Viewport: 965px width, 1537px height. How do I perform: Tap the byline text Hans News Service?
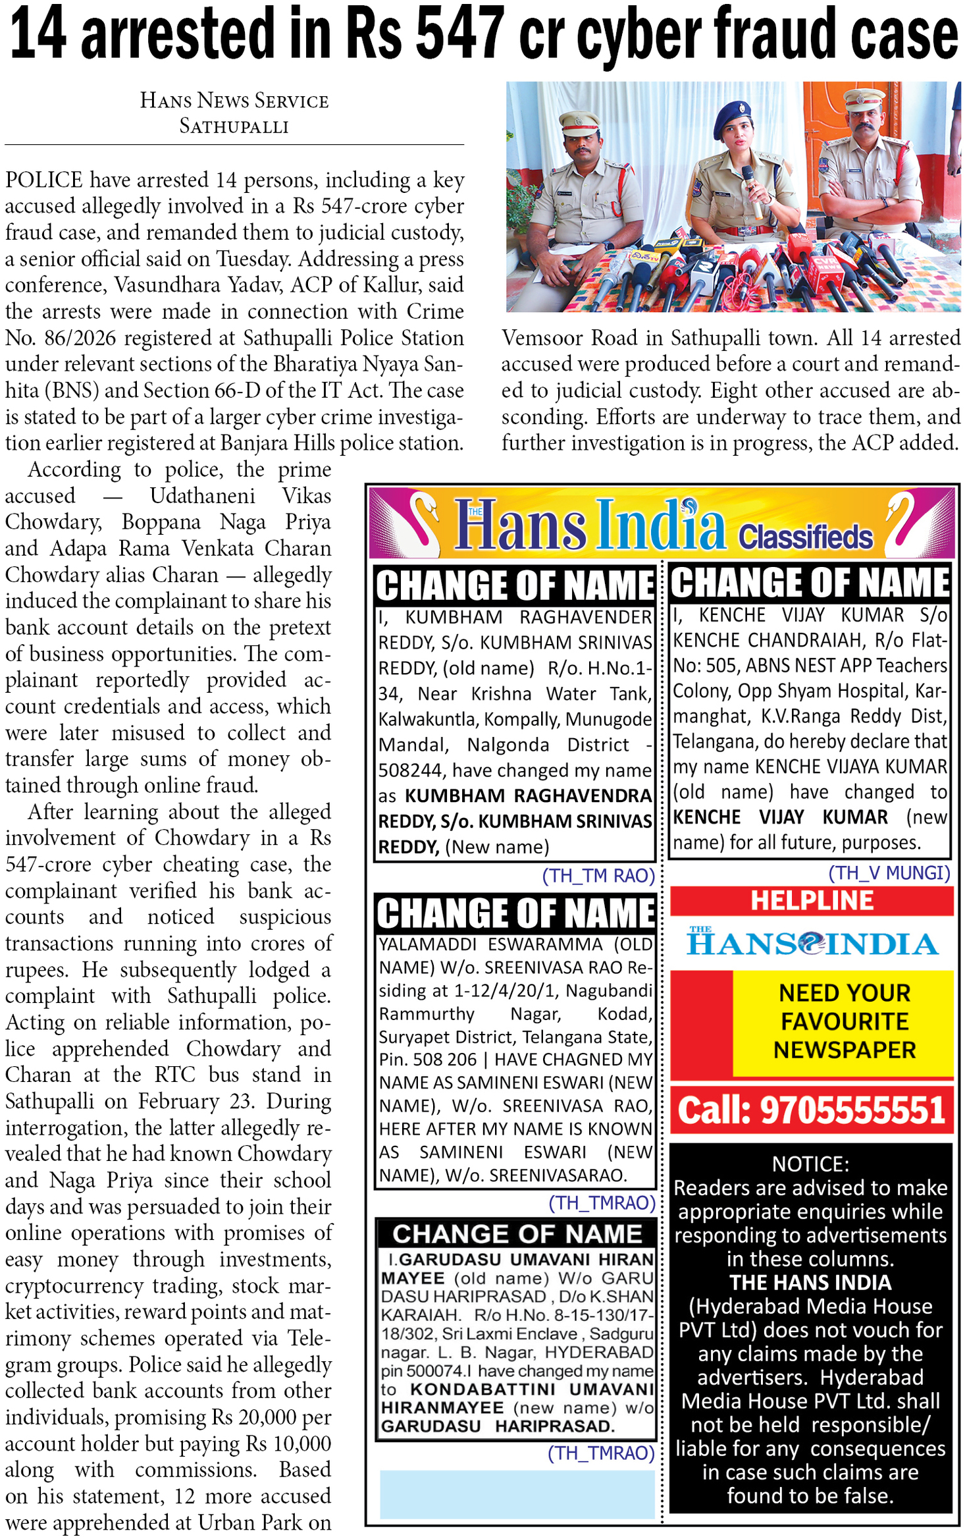[234, 101]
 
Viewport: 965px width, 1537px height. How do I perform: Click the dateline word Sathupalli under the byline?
[234, 126]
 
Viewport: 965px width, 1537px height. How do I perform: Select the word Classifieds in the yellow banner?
[804, 537]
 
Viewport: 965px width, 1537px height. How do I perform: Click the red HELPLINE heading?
[812, 900]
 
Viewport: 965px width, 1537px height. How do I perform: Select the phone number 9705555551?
[852, 1110]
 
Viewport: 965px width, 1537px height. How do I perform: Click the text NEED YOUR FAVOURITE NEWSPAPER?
[844, 1021]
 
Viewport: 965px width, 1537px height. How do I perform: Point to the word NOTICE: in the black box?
[810, 1164]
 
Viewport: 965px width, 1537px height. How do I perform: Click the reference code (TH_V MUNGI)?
[889, 873]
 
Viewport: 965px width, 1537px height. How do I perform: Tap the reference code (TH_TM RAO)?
[598, 875]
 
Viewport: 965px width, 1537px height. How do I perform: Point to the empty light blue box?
[517, 1494]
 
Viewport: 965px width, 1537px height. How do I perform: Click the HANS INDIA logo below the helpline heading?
[812, 944]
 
